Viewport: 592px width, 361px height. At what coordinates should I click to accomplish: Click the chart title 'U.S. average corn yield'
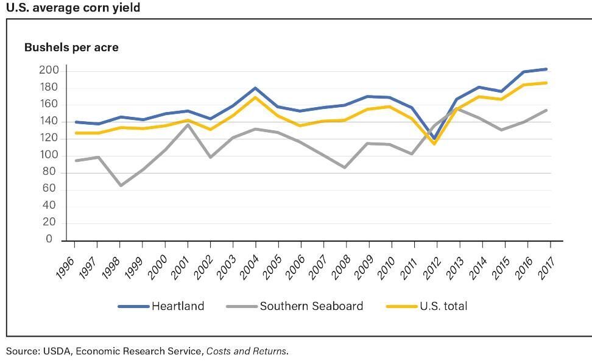(73, 8)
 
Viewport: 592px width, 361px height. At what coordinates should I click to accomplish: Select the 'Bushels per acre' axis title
(71, 47)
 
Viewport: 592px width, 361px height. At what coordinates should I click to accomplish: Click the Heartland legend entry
(161, 306)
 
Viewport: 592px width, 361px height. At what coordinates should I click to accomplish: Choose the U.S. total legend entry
(427, 306)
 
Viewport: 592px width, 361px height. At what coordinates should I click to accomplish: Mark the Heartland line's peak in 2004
(256, 88)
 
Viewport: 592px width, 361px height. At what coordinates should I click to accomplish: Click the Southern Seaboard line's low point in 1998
(121, 185)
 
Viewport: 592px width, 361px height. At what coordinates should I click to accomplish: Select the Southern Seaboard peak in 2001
(188, 124)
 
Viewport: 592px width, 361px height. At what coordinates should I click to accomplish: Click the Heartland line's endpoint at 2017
(546, 69)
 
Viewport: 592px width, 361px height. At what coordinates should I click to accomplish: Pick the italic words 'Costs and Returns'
(246, 351)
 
